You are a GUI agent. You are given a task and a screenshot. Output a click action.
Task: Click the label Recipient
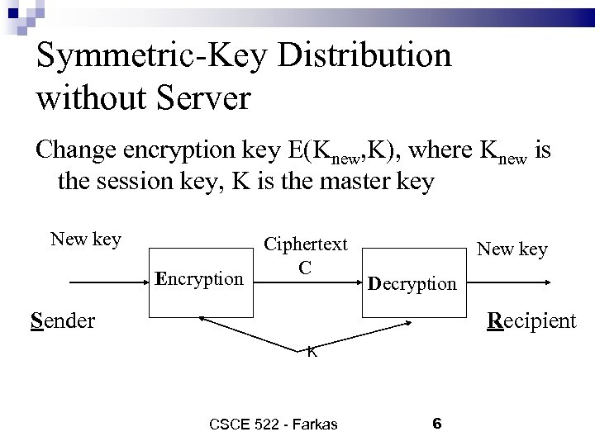click(x=532, y=320)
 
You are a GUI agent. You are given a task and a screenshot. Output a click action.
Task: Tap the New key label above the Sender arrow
click(x=86, y=240)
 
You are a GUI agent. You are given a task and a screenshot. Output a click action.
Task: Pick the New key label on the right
click(x=512, y=249)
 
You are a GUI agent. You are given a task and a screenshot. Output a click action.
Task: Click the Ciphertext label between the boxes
click(x=305, y=244)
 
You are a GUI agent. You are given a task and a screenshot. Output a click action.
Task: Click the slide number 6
click(x=437, y=424)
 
